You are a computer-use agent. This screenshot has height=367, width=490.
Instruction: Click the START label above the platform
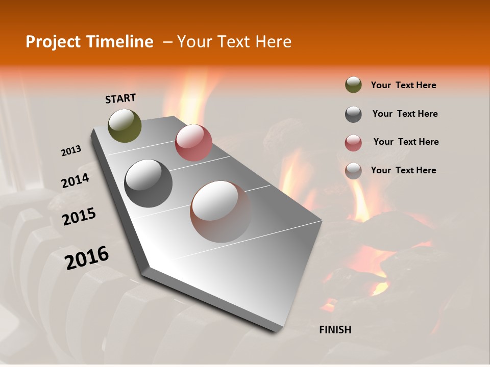coord(120,98)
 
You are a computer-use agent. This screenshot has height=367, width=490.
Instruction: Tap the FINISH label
coord(335,330)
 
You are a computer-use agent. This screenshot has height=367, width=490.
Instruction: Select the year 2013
coord(71,151)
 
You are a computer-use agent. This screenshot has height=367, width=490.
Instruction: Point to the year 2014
coord(76,181)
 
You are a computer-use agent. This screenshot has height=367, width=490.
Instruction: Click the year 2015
coord(79,217)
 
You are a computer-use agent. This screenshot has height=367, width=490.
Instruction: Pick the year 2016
coord(87,257)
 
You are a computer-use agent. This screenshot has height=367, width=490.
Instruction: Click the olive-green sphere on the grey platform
coord(125,125)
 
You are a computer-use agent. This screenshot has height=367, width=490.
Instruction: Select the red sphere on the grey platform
coord(193,143)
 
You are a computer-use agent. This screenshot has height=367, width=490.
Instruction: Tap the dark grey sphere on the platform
coord(149,183)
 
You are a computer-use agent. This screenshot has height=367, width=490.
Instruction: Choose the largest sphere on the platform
coord(220,212)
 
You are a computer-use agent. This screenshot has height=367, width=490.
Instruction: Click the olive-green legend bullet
coord(353,85)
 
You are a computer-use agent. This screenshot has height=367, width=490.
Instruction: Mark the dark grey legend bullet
coord(353,114)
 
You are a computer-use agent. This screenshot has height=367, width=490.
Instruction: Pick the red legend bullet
coord(353,143)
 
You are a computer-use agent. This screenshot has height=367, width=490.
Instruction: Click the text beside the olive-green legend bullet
coord(403,85)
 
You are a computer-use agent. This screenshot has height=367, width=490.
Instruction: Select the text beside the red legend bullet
coord(406,142)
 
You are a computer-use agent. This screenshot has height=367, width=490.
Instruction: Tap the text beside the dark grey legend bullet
coord(405,114)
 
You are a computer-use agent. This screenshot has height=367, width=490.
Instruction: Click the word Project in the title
coord(53,42)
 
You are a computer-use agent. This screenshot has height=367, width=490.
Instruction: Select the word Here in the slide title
coord(273,42)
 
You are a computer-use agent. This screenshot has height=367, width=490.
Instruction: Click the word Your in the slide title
coord(194,42)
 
